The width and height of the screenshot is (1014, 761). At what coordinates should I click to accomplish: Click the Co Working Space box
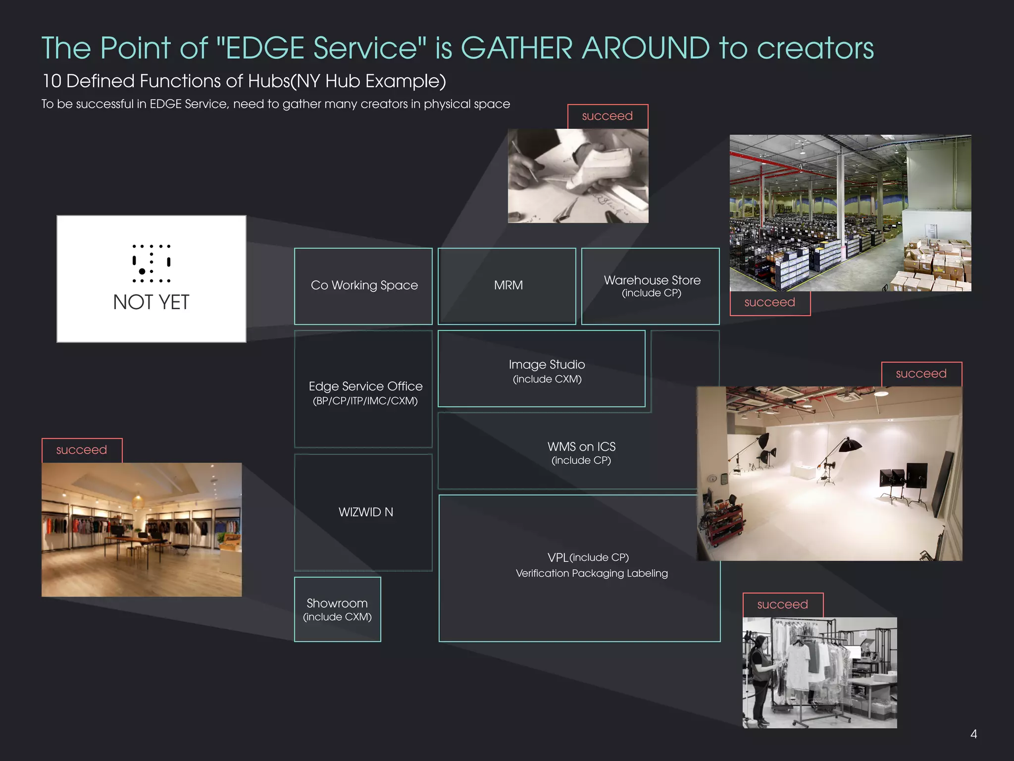coord(363,286)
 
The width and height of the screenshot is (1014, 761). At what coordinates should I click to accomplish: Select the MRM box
coord(507,286)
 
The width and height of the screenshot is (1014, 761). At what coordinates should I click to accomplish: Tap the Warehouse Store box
coord(651,286)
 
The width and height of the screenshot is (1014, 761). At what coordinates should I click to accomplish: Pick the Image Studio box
coord(542,369)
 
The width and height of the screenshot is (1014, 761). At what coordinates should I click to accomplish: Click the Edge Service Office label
coord(365,386)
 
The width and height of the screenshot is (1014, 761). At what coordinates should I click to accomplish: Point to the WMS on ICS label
coord(581,447)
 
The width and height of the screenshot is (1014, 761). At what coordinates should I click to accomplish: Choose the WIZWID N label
coord(365,512)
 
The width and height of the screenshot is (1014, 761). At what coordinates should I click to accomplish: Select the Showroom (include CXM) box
coord(338,609)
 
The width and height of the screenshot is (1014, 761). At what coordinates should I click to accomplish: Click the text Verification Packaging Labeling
coord(592,574)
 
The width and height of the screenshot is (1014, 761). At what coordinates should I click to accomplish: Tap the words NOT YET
coord(151,302)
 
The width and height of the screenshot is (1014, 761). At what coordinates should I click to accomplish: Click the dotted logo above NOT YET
coord(151,263)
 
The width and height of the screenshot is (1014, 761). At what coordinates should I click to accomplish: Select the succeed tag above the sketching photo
coord(608,116)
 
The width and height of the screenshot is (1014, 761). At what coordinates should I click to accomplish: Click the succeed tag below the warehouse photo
coord(770,303)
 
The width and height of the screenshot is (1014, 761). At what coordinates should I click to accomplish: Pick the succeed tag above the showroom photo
coord(82,450)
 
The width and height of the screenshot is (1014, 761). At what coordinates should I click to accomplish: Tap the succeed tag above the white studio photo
coord(921,374)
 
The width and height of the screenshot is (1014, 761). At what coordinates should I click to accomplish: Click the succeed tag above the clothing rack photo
coord(783,605)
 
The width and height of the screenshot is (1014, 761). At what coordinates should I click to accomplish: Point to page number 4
coord(973,734)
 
